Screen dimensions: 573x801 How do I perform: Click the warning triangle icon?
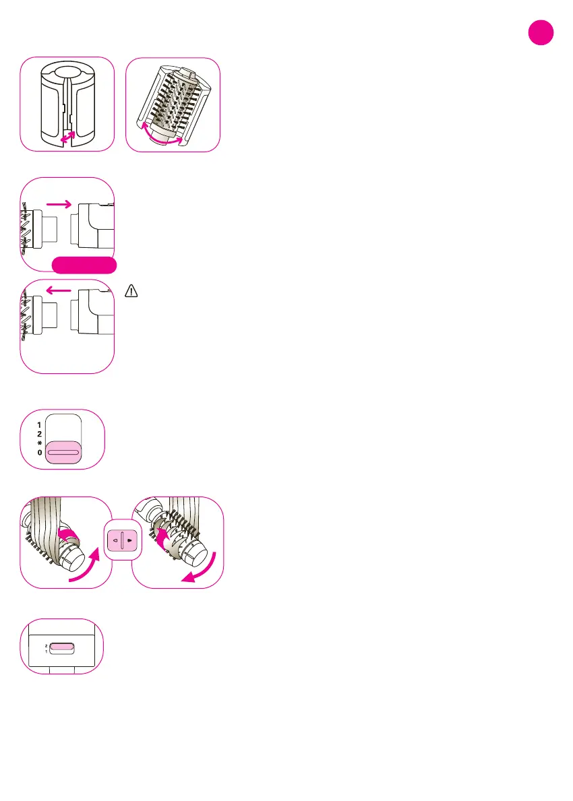click(131, 291)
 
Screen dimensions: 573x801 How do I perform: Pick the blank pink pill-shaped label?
click(84, 265)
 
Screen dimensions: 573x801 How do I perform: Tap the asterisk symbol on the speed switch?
click(40, 444)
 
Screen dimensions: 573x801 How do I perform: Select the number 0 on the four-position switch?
click(40, 453)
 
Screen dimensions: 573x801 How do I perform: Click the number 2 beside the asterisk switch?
click(40, 435)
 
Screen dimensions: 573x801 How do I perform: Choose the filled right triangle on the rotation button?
click(128, 540)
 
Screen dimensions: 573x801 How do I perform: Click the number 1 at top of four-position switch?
click(40, 425)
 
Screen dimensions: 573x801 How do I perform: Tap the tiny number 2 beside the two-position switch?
click(46, 645)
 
